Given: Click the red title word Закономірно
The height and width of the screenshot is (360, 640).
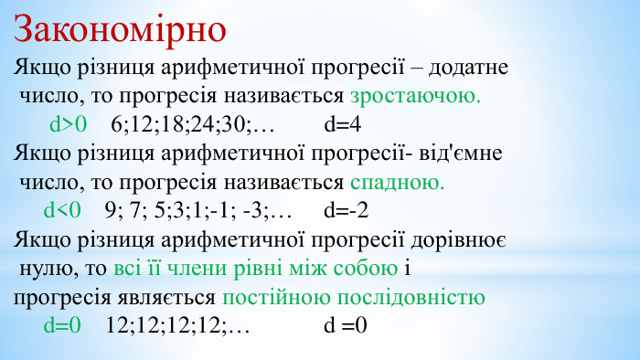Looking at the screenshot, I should (120, 29).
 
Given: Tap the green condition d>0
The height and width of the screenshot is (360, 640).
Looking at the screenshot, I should (68, 123).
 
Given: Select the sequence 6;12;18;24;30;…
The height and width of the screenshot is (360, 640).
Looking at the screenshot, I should (193, 123).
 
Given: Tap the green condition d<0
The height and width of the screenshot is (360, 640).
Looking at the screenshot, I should (62, 211).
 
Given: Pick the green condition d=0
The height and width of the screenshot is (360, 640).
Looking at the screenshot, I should (62, 325).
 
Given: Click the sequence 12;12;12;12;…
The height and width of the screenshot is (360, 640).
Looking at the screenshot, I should (177, 325).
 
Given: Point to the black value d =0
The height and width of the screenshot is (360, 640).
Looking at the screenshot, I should (345, 325).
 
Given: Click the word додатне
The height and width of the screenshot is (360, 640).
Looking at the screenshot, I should (468, 68).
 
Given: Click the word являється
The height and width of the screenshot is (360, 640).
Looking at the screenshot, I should (175, 297).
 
